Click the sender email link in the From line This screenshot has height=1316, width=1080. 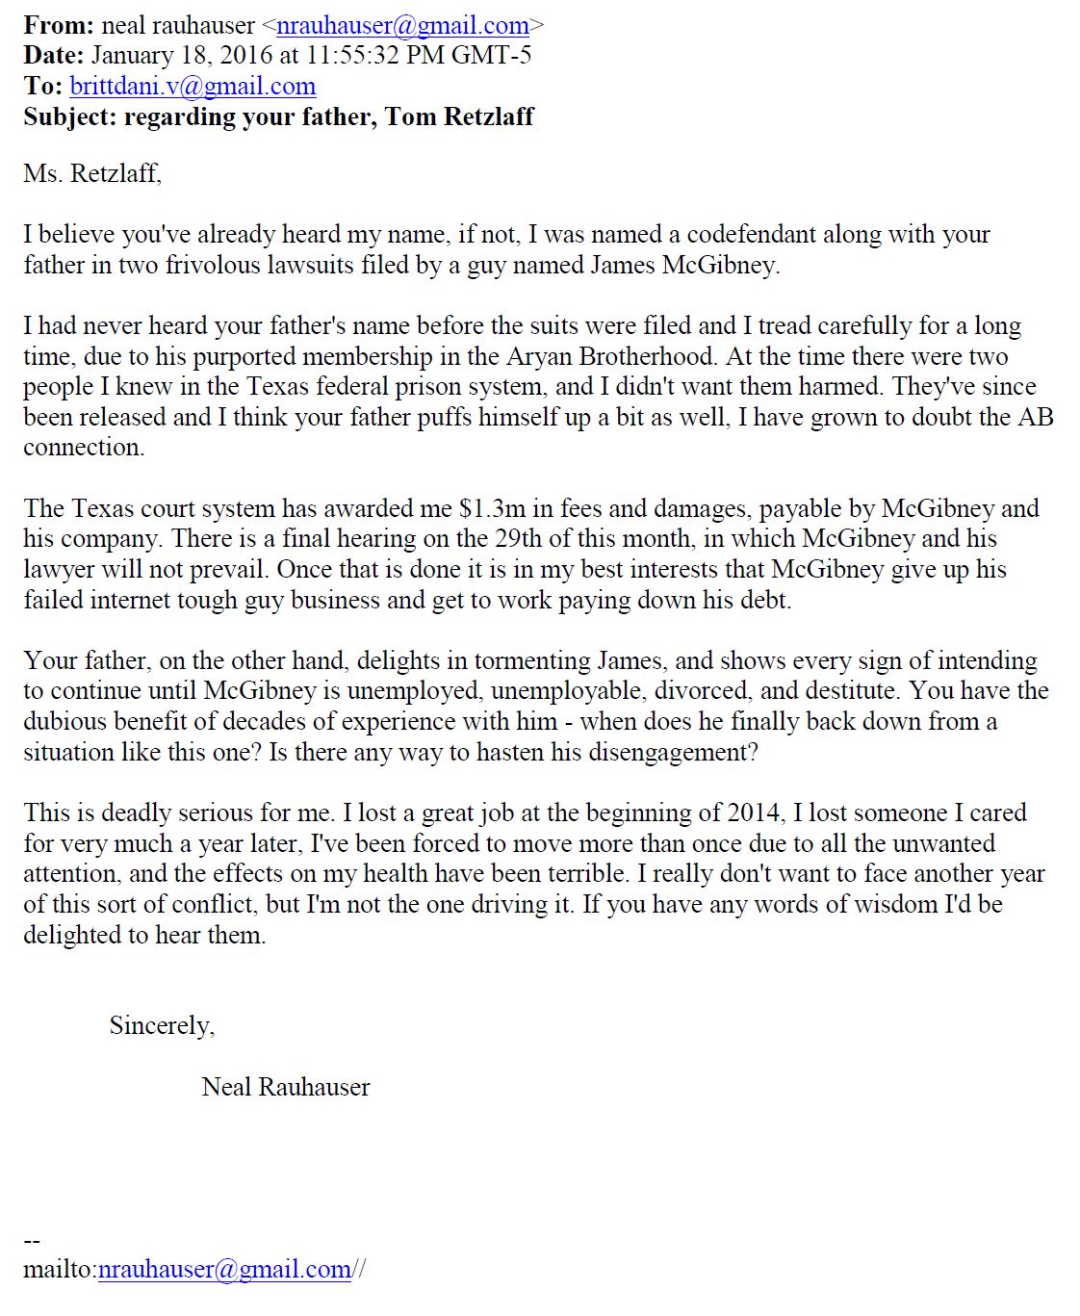(402, 25)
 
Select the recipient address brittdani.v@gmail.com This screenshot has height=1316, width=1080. (193, 86)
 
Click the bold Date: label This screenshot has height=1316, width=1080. (54, 55)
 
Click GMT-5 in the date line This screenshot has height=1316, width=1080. (491, 55)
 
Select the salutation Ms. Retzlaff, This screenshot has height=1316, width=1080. (92, 173)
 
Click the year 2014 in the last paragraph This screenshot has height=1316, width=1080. (754, 813)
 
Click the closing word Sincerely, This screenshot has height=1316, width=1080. (162, 1025)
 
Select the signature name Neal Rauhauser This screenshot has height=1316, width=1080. (286, 1087)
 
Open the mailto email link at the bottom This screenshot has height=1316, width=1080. (225, 1270)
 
